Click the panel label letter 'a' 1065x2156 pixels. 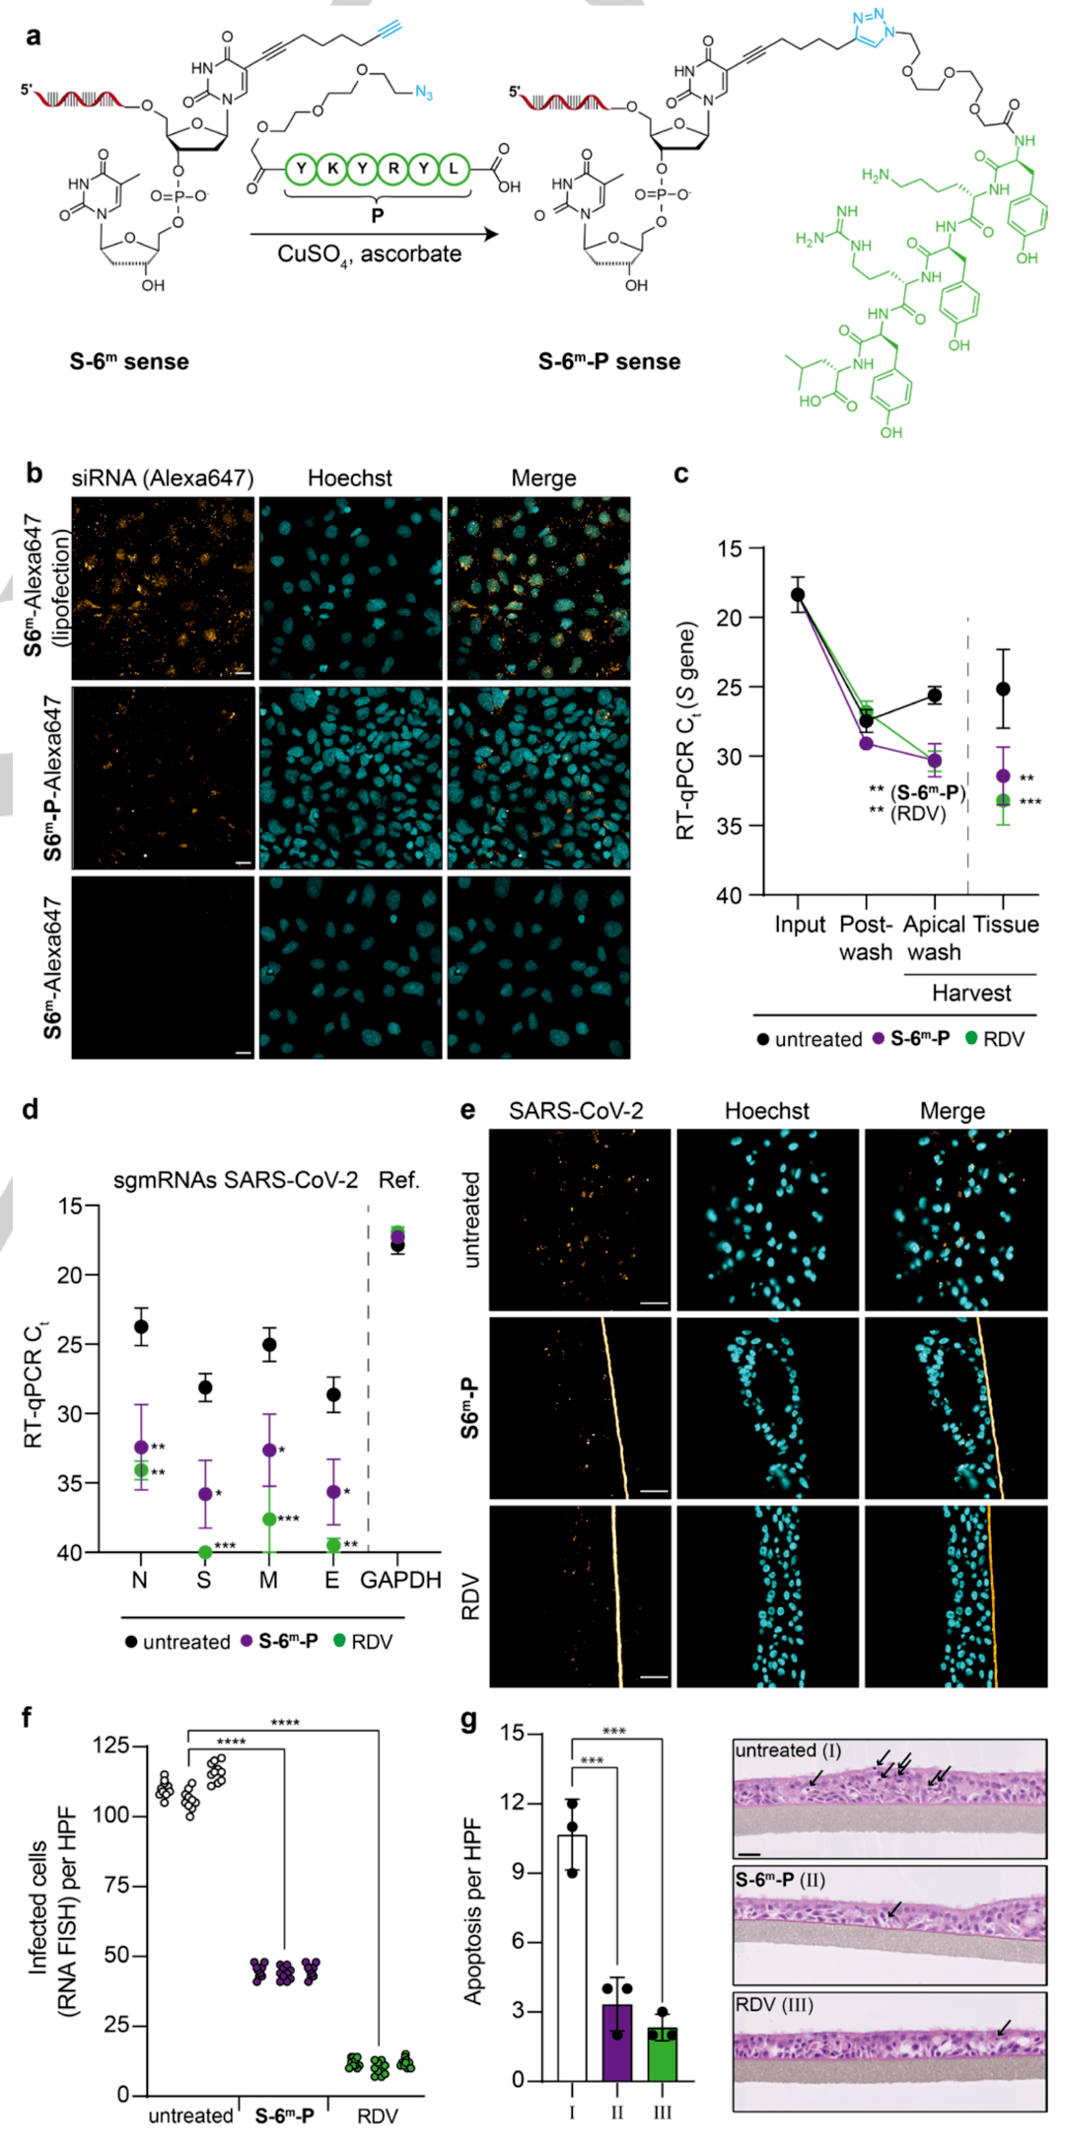click(x=34, y=37)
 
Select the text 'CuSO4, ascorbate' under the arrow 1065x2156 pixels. click(x=369, y=255)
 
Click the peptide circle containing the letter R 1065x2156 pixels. click(x=393, y=169)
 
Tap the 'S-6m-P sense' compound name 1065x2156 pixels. click(x=608, y=362)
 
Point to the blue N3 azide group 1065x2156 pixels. click(x=424, y=93)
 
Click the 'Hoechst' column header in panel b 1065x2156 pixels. click(x=349, y=479)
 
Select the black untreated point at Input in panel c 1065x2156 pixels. click(x=798, y=594)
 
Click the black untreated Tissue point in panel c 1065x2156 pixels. click(x=1003, y=689)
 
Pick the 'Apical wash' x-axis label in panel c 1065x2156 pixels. click(x=934, y=938)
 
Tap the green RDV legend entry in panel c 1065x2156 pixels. click(x=995, y=1039)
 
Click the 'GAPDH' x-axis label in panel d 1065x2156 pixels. click(x=399, y=1581)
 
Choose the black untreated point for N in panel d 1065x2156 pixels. click(x=141, y=1326)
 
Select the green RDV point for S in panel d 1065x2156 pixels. click(x=205, y=1552)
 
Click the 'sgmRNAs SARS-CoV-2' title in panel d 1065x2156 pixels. click(x=235, y=1180)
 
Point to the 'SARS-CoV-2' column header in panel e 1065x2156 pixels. click(x=576, y=1111)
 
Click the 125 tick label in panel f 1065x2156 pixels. click(x=110, y=1746)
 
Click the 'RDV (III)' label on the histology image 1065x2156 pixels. click(x=774, y=2005)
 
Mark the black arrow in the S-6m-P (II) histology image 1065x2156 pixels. click(x=893, y=1910)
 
